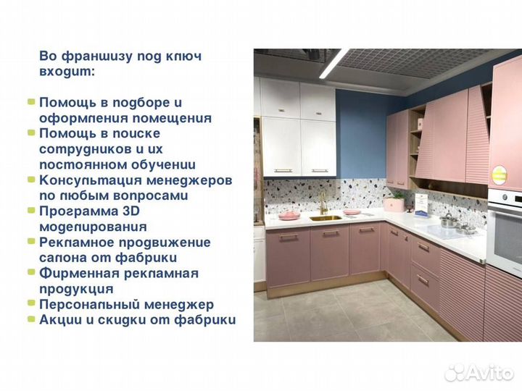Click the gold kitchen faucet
tap(320, 203)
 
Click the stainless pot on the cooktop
tap(449, 220)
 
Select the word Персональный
tap(86, 305)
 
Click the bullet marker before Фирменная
tap(30, 273)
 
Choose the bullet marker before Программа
tap(30, 211)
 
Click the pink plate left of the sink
tap(288, 215)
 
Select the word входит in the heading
tap(65, 72)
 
